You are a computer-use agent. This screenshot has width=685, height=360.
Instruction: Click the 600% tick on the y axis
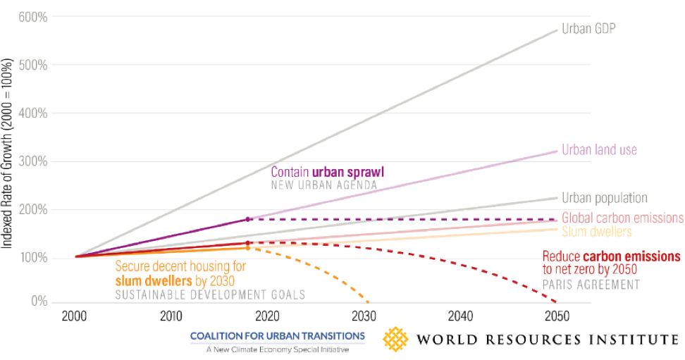(35, 17)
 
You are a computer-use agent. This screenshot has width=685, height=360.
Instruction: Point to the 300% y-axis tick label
(35, 161)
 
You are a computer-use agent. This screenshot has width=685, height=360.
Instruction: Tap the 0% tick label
(39, 302)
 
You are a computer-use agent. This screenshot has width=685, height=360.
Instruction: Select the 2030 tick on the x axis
(364, 316)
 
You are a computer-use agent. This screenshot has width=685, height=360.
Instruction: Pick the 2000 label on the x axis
(74, 316)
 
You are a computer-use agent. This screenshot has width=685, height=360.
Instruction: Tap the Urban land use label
(599, 150)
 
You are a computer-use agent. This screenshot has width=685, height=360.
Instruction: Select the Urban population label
(604, 199)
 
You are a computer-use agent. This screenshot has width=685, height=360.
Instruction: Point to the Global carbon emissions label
(622, 218)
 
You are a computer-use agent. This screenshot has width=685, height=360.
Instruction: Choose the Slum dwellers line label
(596, 231)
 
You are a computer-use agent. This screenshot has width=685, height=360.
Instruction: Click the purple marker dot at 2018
(248, 219)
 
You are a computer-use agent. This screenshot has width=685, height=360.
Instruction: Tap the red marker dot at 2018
(248, 243)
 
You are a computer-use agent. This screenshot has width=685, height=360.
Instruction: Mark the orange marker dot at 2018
(248, 248)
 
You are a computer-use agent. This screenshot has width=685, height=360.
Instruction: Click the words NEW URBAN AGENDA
(325, 185)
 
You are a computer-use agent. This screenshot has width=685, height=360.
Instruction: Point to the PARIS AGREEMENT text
(591, 285)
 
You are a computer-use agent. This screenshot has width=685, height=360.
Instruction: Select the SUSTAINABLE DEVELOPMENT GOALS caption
(211, 294)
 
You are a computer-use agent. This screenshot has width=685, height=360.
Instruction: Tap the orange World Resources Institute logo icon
(396, 339)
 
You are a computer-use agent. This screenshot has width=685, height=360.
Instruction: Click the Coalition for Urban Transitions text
(277, 336)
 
